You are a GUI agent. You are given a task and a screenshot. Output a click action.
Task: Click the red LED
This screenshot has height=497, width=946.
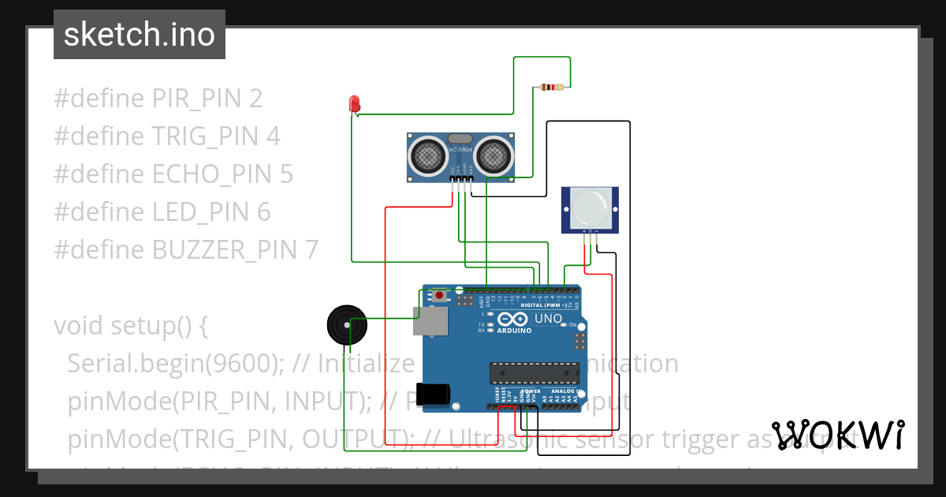coord(355,103)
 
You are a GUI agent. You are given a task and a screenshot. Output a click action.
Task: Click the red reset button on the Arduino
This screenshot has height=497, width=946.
coord(439,296)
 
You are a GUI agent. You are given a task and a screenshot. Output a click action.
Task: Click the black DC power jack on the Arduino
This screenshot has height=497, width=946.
coord(434,393)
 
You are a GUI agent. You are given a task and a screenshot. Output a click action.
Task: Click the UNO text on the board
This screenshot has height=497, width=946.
coord(549,319)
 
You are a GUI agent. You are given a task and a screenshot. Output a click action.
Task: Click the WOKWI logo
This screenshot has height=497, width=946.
coord(838,435)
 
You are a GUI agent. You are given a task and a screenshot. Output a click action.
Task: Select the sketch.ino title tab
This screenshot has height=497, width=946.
coord(140,35)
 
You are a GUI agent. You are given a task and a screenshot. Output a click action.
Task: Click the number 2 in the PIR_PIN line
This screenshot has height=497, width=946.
coord(255,99)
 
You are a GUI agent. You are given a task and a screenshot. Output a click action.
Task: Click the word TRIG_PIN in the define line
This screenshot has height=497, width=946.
coord(207,136)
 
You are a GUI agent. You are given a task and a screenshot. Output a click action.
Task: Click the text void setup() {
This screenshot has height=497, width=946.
coord(130,326)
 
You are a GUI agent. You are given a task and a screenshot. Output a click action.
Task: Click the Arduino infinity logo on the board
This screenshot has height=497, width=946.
coord(513,319)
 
